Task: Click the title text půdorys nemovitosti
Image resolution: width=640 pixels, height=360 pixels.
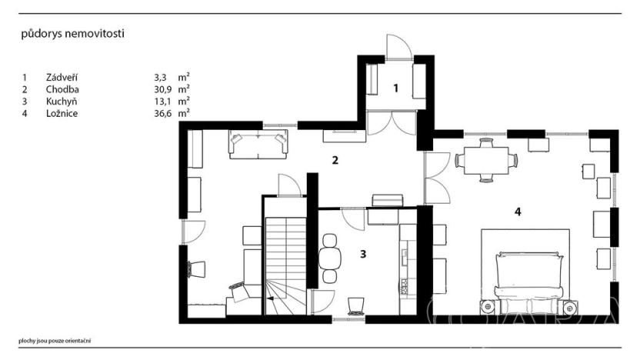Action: point(73,34)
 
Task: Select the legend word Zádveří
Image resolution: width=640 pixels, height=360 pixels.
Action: point(62,77)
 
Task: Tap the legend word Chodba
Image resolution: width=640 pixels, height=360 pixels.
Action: point(62,89)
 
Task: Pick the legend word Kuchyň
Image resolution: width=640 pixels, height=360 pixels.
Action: point(62,101)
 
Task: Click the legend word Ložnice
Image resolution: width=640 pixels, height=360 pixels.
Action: point(62,113)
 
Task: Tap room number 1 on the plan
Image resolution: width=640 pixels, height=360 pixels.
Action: point(396,88)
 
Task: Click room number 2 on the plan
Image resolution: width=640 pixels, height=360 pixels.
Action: point(335,161)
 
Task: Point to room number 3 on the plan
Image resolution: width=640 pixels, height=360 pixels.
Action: point(363,253)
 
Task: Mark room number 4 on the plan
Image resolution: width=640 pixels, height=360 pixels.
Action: point(518,212)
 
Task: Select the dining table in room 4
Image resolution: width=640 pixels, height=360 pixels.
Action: point(486,160)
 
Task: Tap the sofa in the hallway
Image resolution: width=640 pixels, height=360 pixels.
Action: point(258,142)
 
